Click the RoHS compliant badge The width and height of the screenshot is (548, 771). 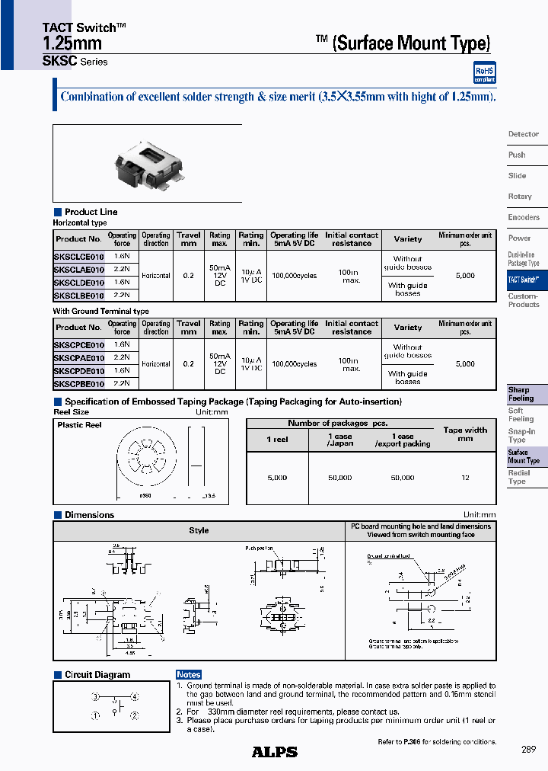(x=485, y=72)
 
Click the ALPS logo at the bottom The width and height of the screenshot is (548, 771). (x=274, y=752)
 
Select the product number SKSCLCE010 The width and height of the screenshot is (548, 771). (x=79, y=258)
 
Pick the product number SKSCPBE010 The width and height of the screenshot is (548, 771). (x=79, y=383)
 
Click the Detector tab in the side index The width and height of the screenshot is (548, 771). (x=524, y=134)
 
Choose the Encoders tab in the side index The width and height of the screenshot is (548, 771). (x=524, y=218)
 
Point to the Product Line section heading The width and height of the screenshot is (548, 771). (x=91, y=212)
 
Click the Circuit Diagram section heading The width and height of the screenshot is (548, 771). (x=97, y=675)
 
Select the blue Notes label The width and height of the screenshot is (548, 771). (x=188, y=675)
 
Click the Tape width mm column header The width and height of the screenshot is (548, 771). (x=465, y=434)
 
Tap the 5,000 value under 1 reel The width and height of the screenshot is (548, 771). (x=277, y=478)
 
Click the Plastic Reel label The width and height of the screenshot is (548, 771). (x=79, y=425)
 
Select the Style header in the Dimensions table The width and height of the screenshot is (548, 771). (x=199, y=530)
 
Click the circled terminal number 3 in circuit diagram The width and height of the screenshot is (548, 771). (x=96, y=697)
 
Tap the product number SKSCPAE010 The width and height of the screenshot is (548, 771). (x=79, y=358)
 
